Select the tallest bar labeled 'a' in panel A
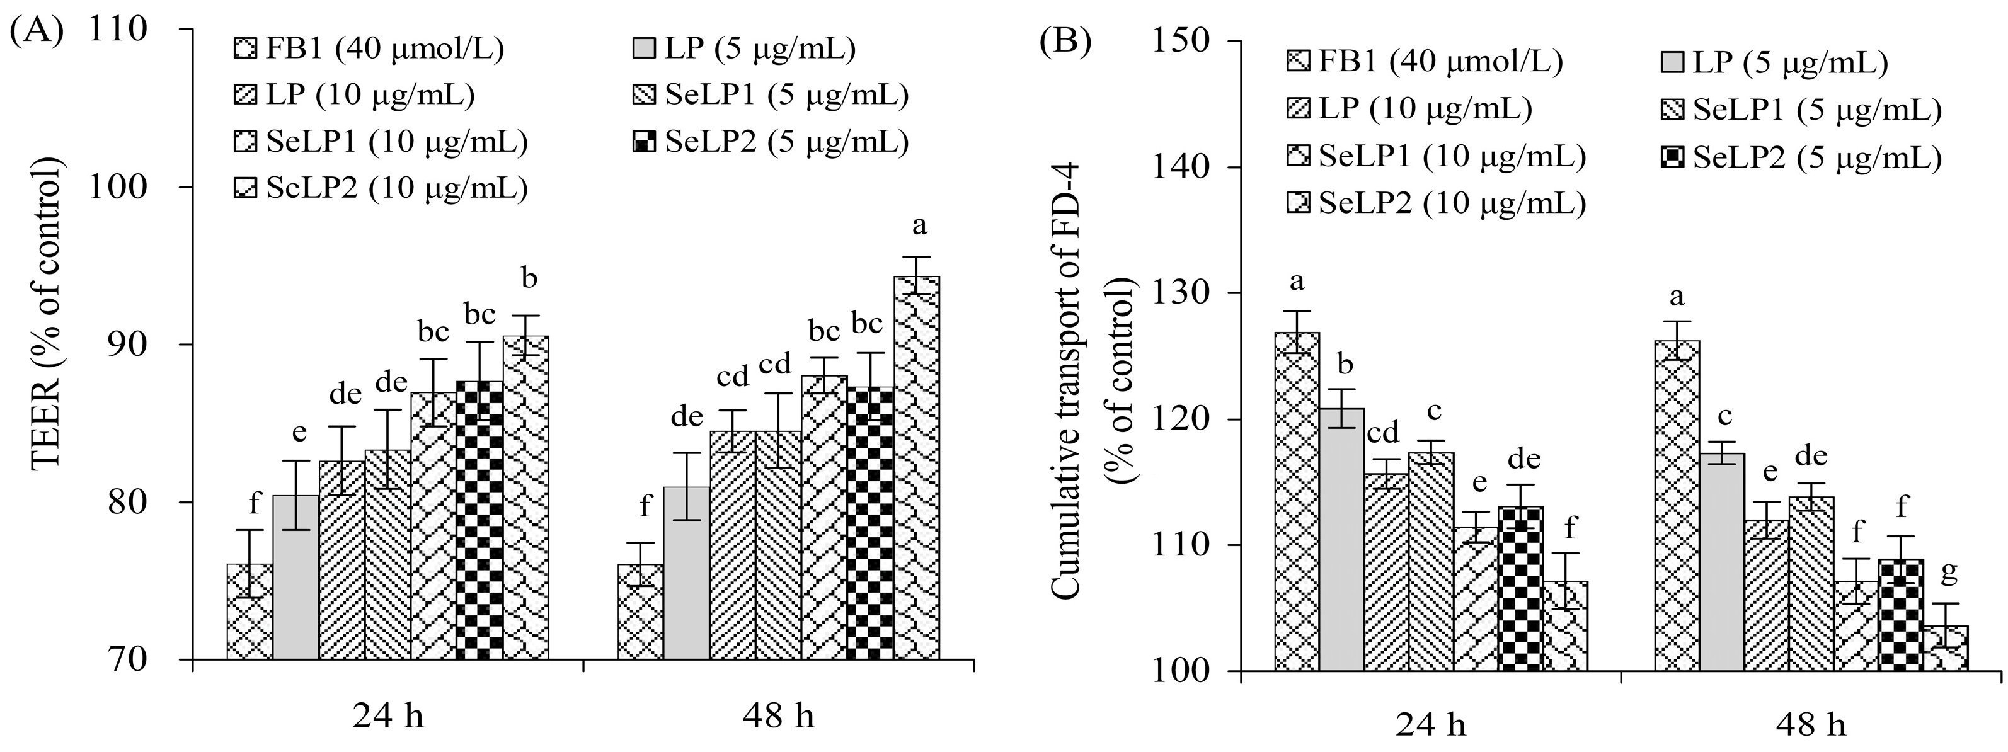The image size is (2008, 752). coord(917,467)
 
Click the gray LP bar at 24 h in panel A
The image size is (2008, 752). coord(295,577)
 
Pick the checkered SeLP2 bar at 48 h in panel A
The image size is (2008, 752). coord(871,522)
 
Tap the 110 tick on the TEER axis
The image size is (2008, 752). coord(118,30)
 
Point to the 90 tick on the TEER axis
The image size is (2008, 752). coord(118,345)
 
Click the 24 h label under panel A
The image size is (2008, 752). coord(387,715)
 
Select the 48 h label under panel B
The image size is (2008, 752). coord(1811,726)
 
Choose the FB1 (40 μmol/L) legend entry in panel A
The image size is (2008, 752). coord(369,48)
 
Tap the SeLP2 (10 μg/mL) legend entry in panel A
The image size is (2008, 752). coord(381,188)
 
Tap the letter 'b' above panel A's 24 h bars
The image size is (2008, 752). coord(529,278)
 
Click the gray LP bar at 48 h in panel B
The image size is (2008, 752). coord(1722,561)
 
